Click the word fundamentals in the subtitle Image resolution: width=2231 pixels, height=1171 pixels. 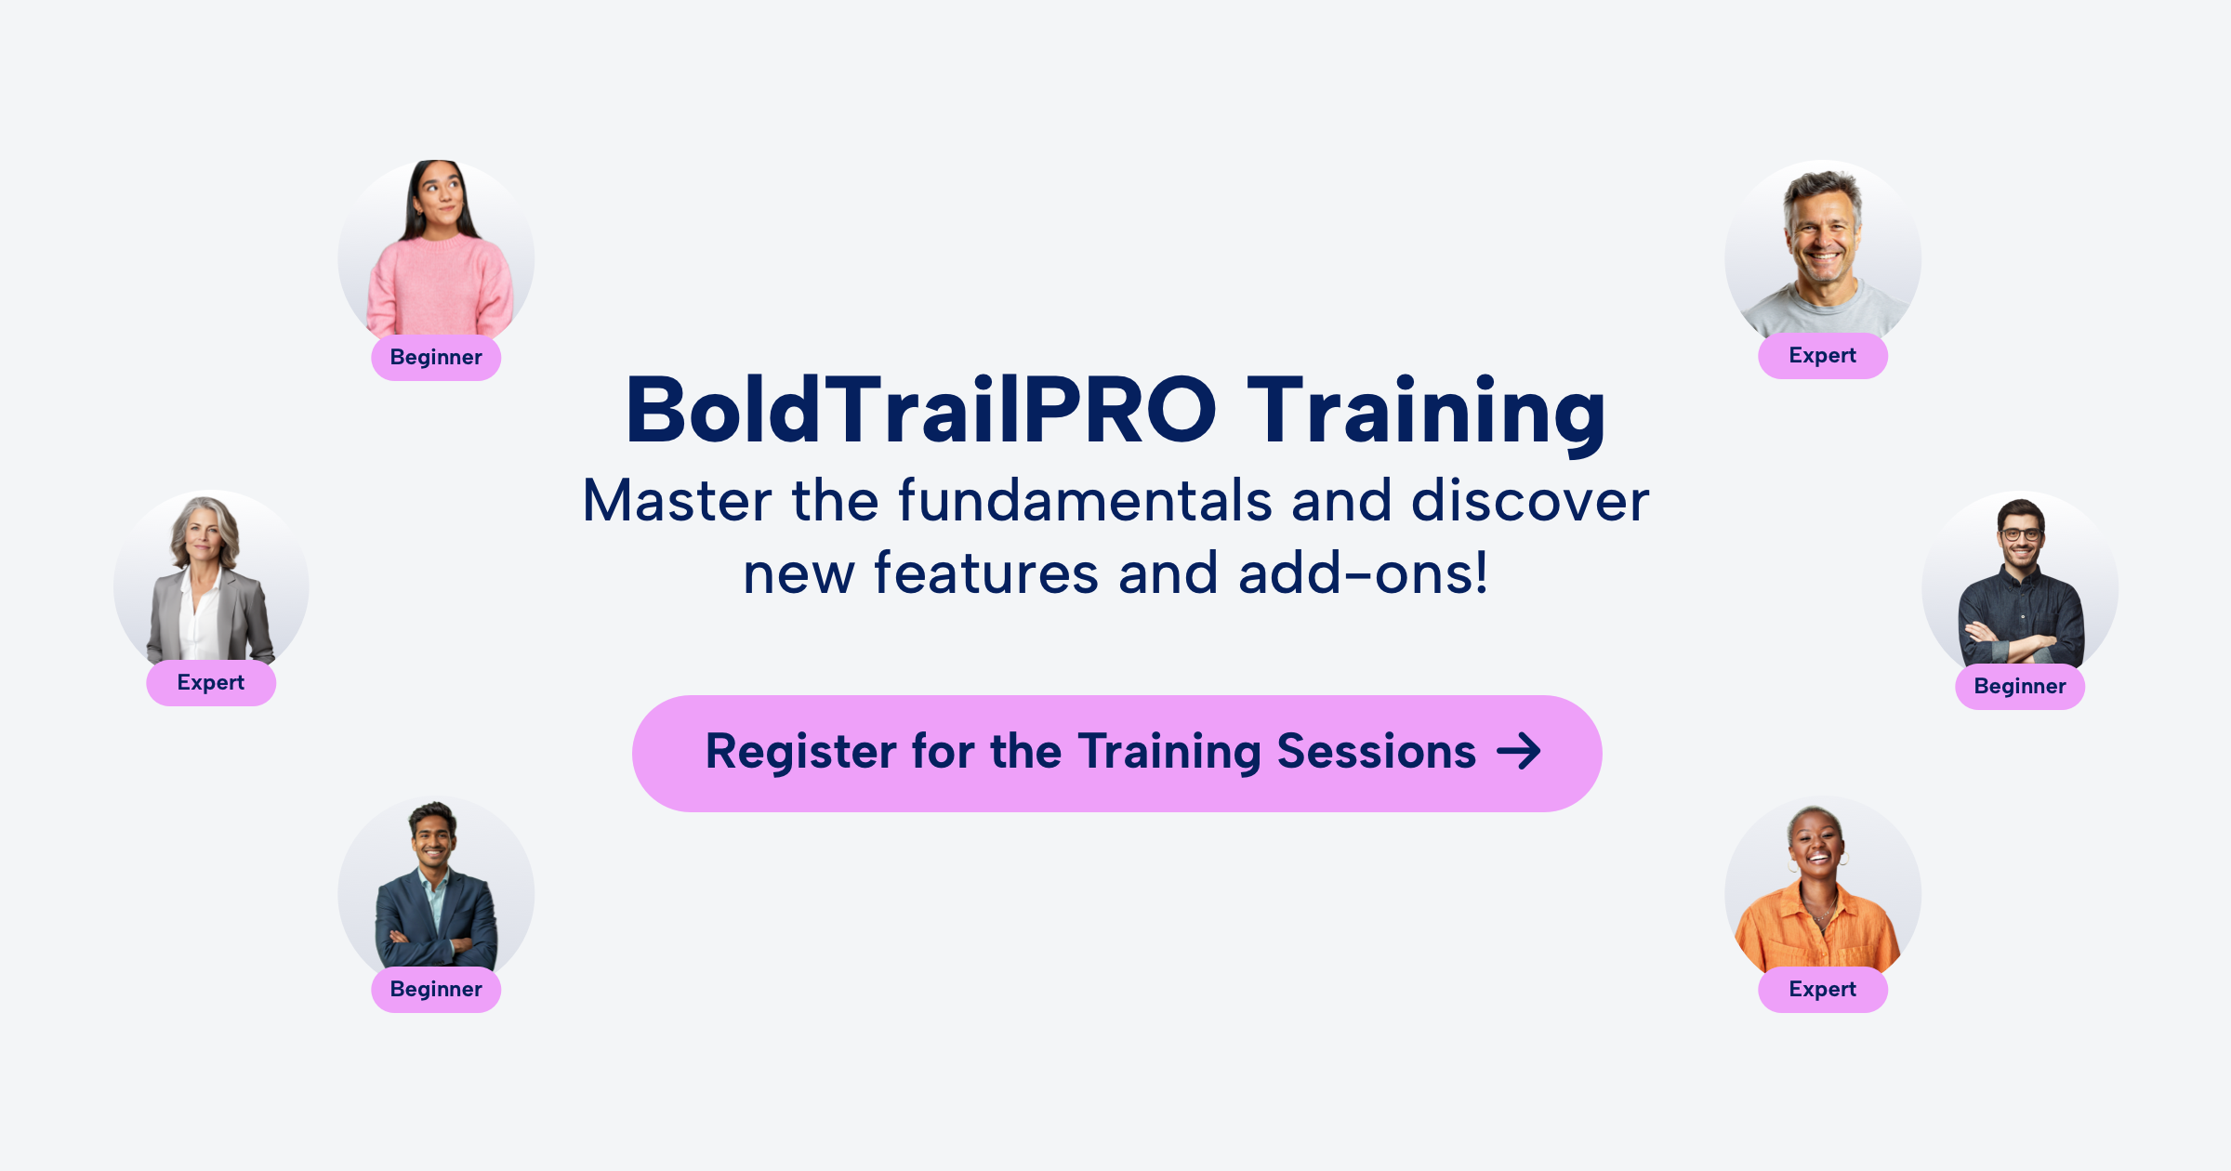[1084, 502]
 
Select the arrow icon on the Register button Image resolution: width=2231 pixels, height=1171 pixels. [1519, 752]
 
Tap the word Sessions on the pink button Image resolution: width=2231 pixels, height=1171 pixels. [1376, 752]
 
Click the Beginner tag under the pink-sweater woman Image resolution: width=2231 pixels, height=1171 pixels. [436, 358]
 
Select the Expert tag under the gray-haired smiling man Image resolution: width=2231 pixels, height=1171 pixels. [1822, 356]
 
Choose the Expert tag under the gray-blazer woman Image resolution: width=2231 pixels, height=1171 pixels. [211, 683]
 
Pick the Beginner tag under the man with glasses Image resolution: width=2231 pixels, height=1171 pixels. [2020, 687]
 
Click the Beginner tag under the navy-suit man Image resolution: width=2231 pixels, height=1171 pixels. [436, 990]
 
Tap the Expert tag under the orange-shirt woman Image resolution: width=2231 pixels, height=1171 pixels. [1822, 990]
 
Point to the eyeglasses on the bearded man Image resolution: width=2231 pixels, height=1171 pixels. [2021, 534]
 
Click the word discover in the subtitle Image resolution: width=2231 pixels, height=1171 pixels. [1530, 502]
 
